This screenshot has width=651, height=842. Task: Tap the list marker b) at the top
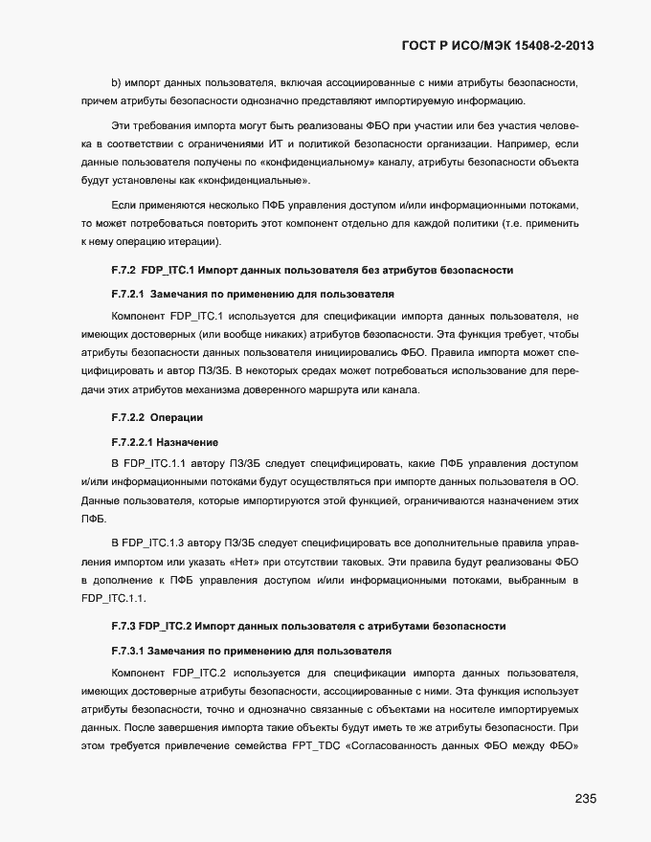117,83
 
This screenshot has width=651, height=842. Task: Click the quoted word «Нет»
247,562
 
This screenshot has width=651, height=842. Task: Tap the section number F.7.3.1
130,650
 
